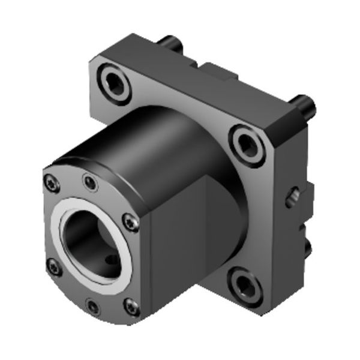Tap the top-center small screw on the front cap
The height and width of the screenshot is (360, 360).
click(x=90, y=182)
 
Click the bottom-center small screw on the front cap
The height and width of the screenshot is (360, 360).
click(x=92, y=307)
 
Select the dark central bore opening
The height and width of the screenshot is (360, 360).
click(x=90, y=240)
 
